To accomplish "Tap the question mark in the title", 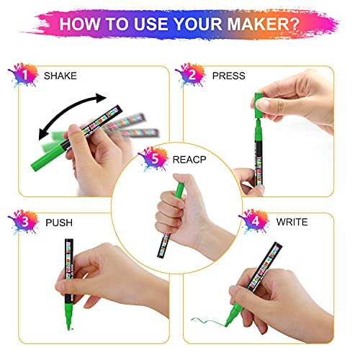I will click(x=310, y=24).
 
